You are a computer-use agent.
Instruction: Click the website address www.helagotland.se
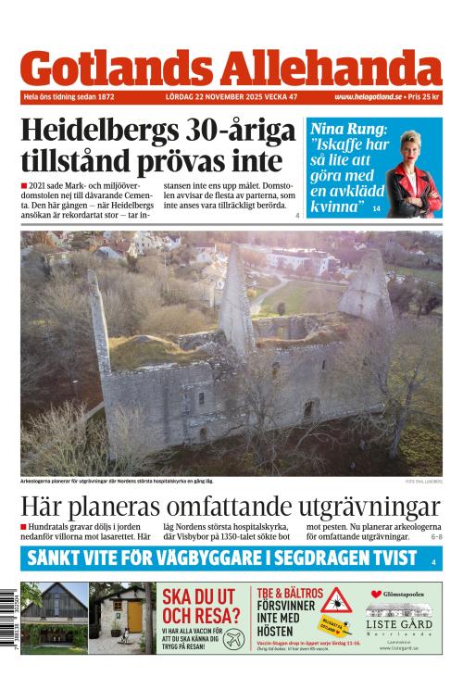coord(370,97)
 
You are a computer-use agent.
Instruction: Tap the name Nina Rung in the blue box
coord(340,130)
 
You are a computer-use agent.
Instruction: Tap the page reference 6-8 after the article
coord(436,537)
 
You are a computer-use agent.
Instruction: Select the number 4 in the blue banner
coord(432,561)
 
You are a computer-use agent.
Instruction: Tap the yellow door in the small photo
coord(135,617)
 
